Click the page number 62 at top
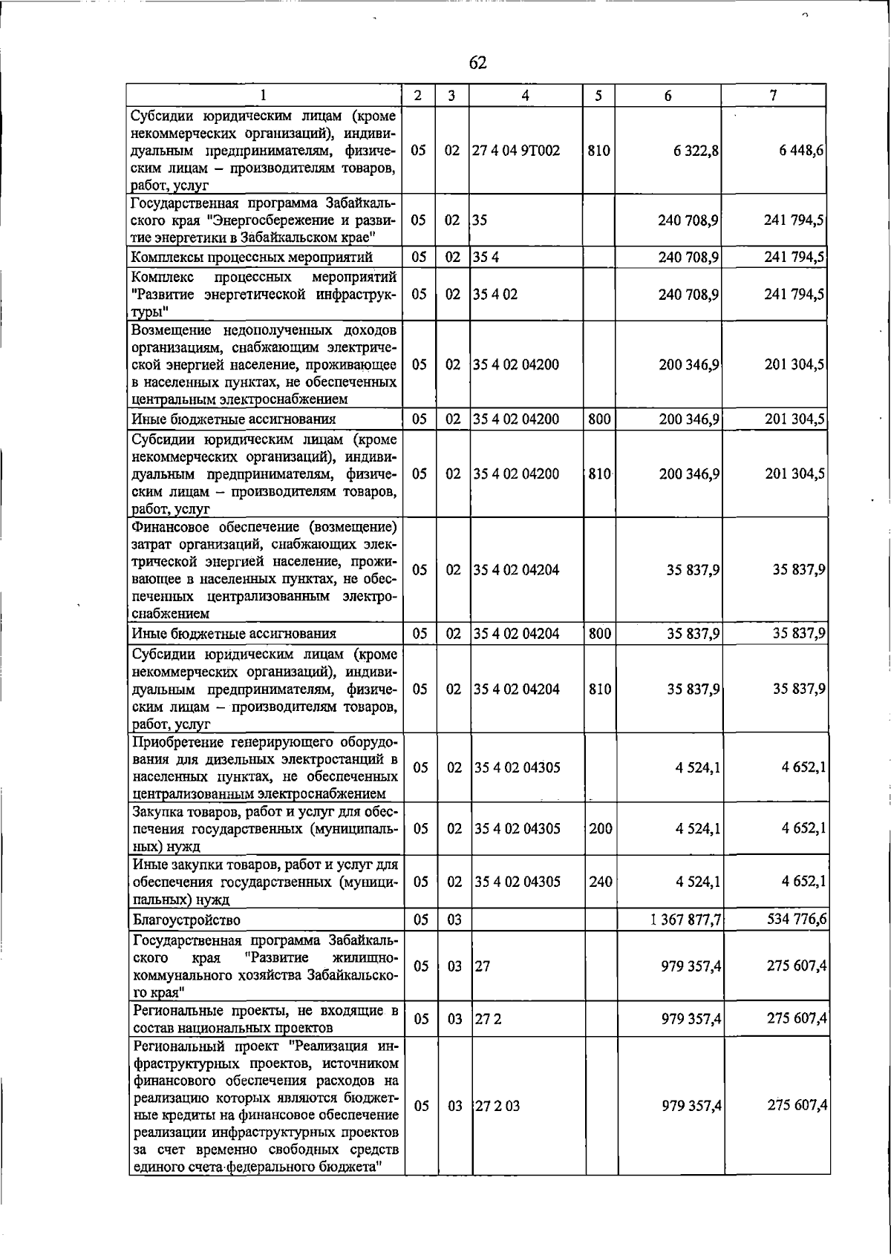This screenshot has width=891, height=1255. point(478,63)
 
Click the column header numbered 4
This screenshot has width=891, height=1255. point(526,95)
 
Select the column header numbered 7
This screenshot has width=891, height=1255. point(774,95)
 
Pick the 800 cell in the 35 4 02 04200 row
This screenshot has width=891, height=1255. point(599,419)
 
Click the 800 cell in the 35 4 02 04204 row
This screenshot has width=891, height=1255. point(599,634)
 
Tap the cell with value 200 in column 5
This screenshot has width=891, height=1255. point(601,828)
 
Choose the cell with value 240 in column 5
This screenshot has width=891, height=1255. point(601,882)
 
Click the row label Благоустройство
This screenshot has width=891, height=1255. point(186,920)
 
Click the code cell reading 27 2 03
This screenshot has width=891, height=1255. point(497,1106)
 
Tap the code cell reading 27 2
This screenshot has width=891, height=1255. point(489,1019)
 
